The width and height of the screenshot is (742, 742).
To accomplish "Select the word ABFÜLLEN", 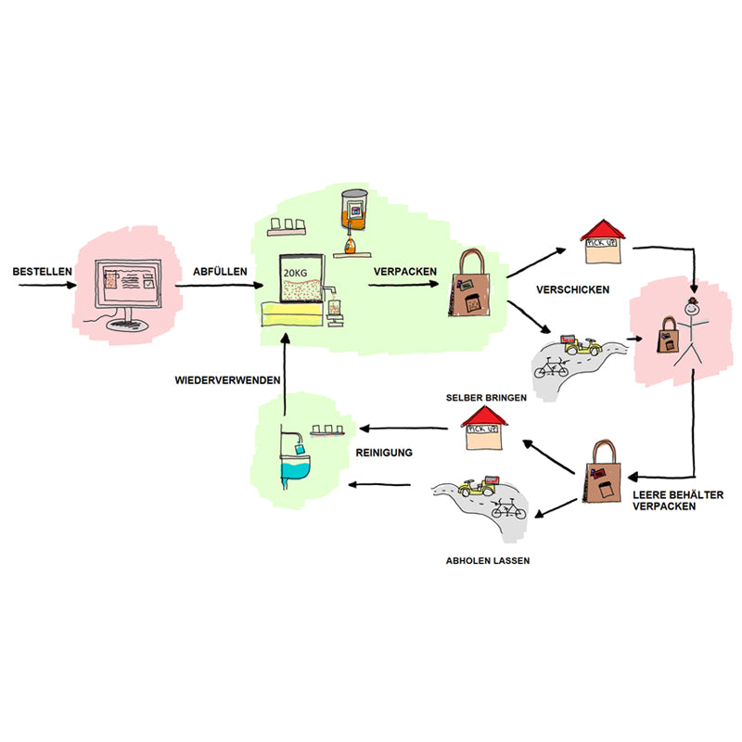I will pos(220,271).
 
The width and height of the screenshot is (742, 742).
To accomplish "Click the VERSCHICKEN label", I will pos(572,289).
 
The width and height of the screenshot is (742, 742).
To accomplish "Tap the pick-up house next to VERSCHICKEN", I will pos(606,242).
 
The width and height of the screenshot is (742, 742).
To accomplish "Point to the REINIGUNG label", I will pos(384,453).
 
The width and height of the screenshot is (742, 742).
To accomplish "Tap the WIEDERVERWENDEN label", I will pos(224,379).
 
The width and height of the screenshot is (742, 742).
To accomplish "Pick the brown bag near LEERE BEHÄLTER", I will pos(606,473).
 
